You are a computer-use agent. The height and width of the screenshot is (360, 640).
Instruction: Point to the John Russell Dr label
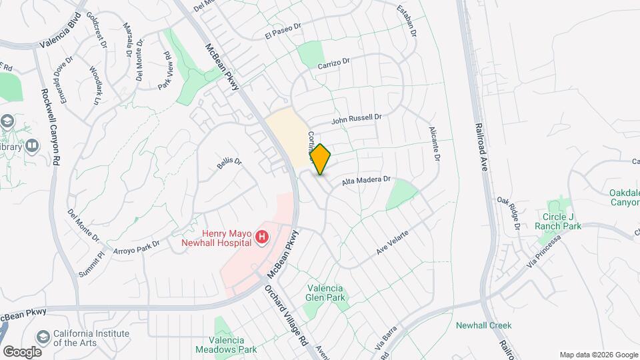click(x=357, y=119)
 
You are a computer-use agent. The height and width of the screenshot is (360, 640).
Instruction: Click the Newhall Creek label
click(x=483, y=325)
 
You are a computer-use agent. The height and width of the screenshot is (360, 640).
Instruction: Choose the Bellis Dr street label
click(x=229, y=163)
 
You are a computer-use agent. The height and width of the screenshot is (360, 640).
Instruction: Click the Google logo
click(x=22, y=351)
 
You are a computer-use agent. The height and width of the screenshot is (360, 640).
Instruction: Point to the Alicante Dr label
click(x=435, y=143)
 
